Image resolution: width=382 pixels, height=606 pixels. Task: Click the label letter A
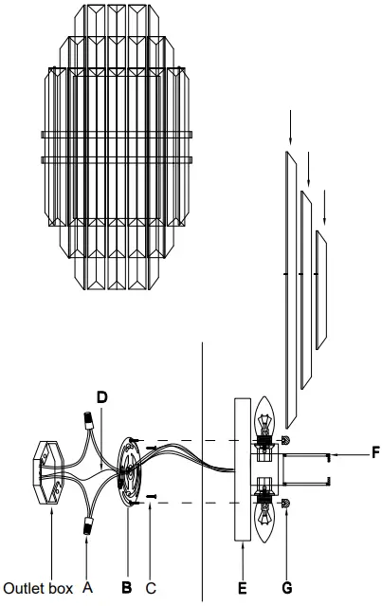(x=88, y=588)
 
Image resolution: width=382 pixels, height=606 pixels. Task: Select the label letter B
(x=126, y=588)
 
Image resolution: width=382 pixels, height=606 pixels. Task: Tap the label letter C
(x=152, y=588)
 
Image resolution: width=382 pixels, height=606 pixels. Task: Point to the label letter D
(x=101, y=394)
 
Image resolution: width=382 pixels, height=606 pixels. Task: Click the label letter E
(x=242, y=588)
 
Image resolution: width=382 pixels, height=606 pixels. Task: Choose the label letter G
(x=288, y=588)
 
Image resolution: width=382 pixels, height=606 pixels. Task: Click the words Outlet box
(x=38, y=588)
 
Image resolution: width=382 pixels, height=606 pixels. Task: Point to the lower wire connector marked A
(x=88, y=527)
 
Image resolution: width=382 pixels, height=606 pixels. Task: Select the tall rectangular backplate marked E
(x=241, y=469)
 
